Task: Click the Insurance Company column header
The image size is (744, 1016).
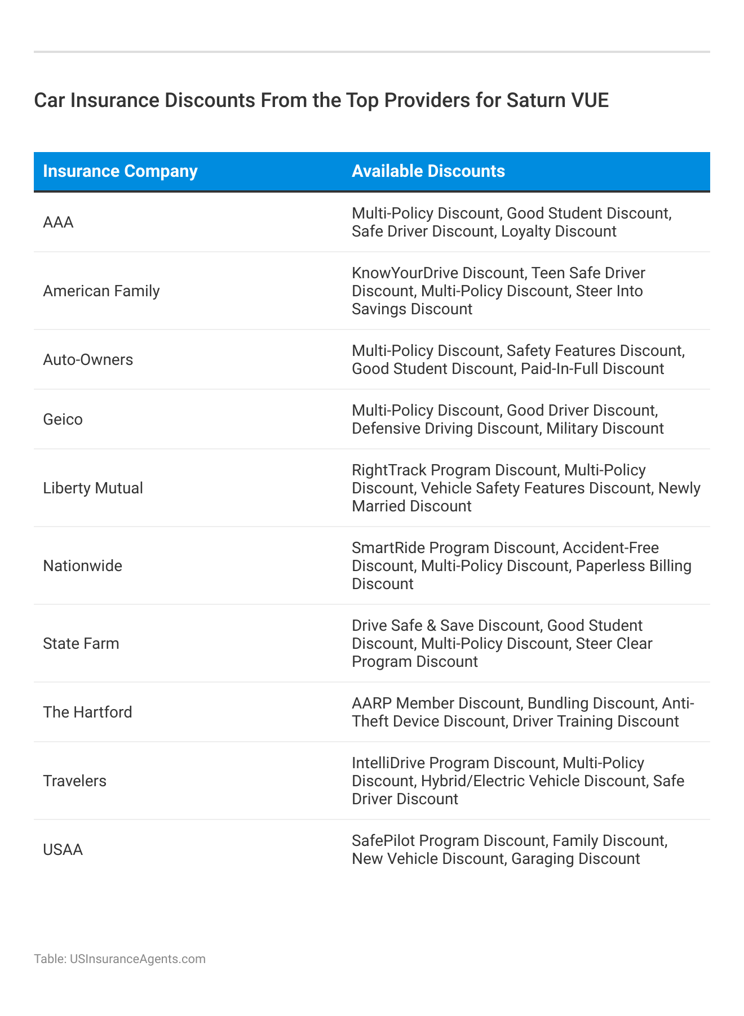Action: [120, 171]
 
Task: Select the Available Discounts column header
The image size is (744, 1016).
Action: [428, 171]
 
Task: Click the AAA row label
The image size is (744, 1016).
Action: [58, 222]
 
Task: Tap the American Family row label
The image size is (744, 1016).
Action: [101, 291]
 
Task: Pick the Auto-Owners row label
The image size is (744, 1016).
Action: [88, 360]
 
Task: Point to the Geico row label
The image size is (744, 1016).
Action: [63, 420]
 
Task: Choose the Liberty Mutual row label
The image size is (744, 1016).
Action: [93, 488]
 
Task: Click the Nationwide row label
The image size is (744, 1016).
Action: [82, 566]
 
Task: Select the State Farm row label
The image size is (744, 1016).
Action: [81, 644]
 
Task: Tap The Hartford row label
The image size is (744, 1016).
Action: [87, 712]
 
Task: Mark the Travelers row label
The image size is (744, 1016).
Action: [74, 781]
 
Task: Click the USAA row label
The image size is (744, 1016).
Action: [63, 850]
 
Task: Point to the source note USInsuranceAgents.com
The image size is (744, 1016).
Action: [138, 959]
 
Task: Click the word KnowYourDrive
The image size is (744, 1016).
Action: [405, 273]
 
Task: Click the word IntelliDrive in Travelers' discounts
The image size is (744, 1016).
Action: [389, 763]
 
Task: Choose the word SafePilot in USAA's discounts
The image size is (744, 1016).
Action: [380, 841]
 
